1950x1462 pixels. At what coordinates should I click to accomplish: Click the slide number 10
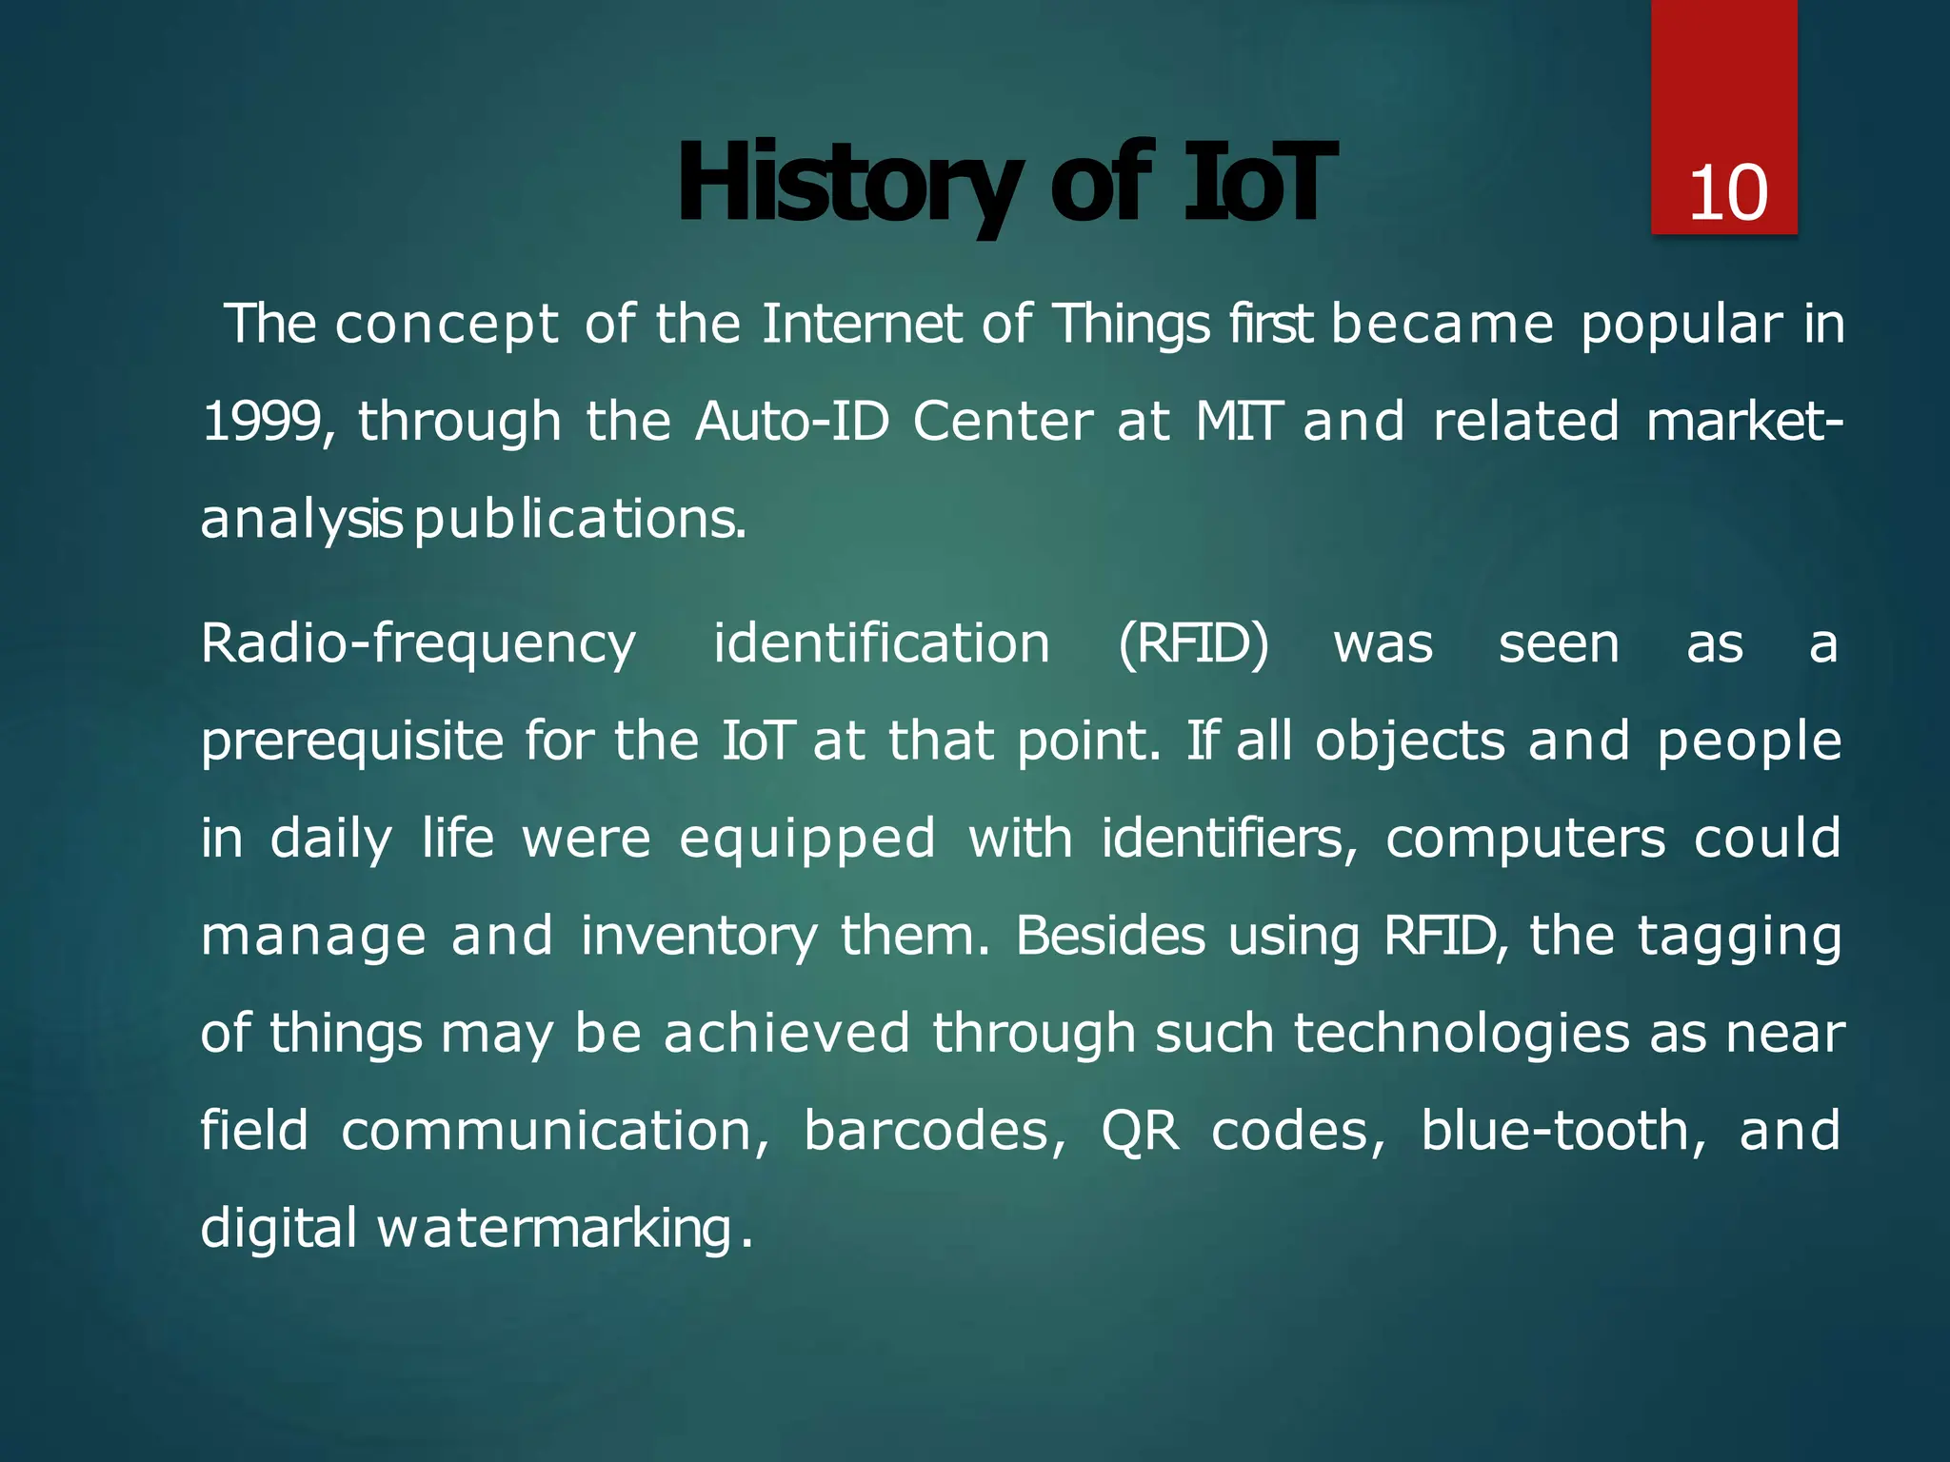pyautogui.click(x=1727, y=193)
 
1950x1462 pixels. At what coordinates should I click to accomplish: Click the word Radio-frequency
pyautogui.click(x=418, y=644)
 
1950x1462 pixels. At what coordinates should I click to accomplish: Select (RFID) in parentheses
pyautogui.click(x=1193, y=644)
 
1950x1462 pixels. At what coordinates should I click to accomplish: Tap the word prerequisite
pyautogui.click(x=351, y=742)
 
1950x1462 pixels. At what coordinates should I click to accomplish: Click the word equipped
pyautogui.click(x=807, y=840)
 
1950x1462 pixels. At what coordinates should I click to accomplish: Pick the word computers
pyautogui.click(x=1525, y=840)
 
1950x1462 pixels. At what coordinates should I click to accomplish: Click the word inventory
pyautogui.click(x=698, y=937)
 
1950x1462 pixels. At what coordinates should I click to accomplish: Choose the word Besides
pyautogui.click(x=1110, y=937)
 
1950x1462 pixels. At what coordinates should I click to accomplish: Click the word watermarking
pyautogui.click(x=554, y=1229)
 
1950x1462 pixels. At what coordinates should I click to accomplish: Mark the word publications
pyautogui.click(x=580, y=520)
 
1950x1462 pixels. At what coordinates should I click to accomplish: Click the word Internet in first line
pyautogui.click(x=861, y=324)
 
